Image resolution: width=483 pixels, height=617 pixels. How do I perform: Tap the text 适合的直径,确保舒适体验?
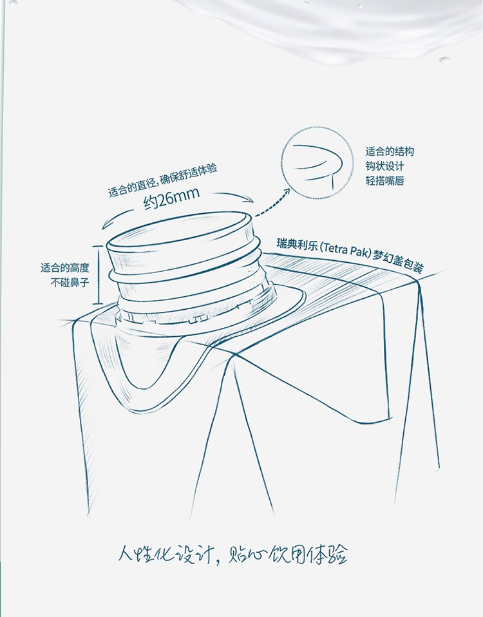click(163, 180)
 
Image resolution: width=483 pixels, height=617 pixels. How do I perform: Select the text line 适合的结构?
click(390, 151)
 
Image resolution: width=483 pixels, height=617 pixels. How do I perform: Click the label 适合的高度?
click(65, 269)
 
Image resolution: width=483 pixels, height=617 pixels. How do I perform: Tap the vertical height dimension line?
click(97, 274)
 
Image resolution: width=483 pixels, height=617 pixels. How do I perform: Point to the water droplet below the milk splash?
click(444, 60)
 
